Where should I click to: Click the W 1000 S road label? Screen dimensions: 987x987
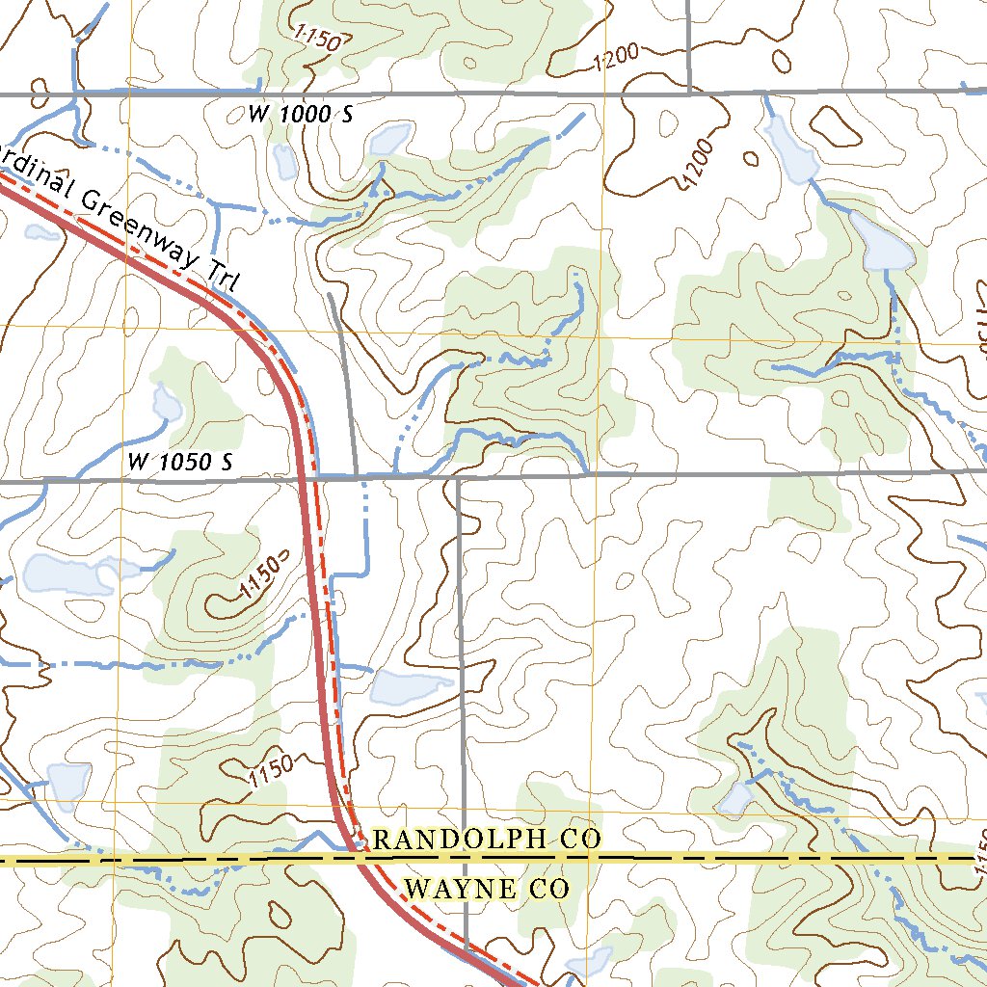(301, 115)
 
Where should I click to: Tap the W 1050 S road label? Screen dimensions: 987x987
(180, 463)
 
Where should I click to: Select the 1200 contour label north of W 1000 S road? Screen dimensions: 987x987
(617, 61)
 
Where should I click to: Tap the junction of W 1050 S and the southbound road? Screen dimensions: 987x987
(459, 476)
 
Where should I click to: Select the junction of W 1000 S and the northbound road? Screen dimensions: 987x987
(688, 93)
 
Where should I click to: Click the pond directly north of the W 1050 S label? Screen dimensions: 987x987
(166, 403)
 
